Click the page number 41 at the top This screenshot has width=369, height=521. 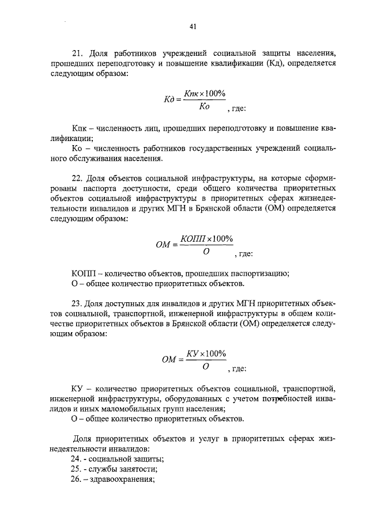(x=193, y=26)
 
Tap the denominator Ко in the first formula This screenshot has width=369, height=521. (x=203, y=107)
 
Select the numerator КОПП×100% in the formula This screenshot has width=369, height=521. (x=206, y=239)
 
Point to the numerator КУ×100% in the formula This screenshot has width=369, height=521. (x=206, y=353)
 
